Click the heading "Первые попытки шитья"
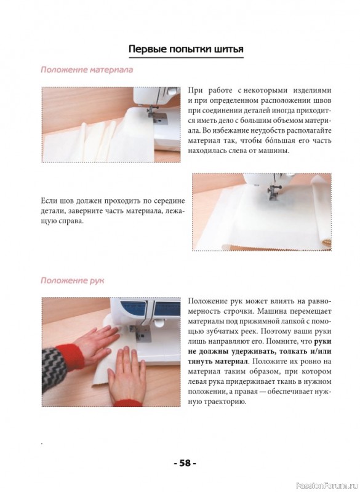coord(186,49)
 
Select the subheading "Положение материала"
coord(87,69)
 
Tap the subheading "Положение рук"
coord(72,280)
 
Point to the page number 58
coord(185,463)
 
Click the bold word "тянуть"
coord(200,362)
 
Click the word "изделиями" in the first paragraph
coord(312,91)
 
